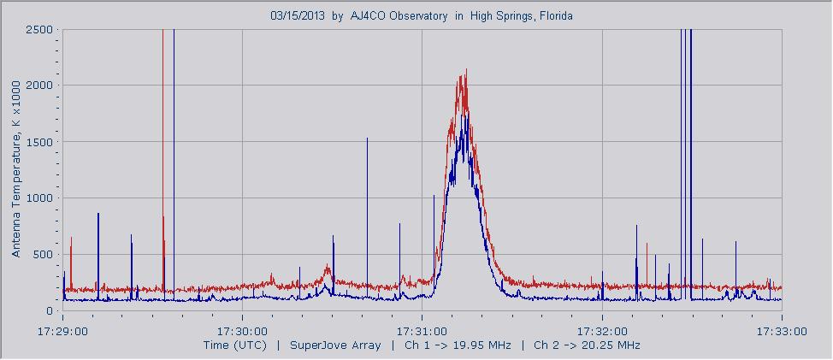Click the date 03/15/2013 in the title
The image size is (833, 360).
click(x=298, y=15)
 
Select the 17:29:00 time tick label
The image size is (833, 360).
click(x=62, y=331)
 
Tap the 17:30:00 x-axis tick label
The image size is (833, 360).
click(x=242, y=331)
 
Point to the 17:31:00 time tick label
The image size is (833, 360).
click(x=422, y=331)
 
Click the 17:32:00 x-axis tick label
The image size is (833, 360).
click(x=603, y=331)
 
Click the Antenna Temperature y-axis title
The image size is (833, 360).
click(x=16, y=171)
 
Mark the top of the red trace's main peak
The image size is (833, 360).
click(x=466, y=70)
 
